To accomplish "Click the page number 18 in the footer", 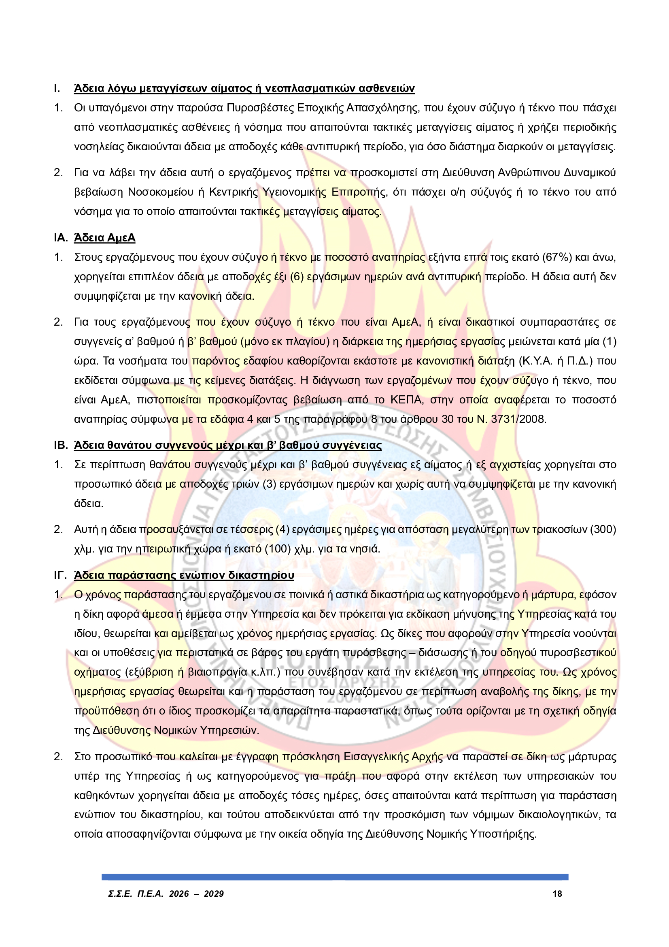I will [x=557, y=894].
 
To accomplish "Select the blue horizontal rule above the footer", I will [x=335, y=877].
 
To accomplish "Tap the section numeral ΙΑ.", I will [x=61, y=238].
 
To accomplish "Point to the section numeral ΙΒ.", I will [x=61, y=446].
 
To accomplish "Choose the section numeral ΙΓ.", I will [x=60, y=575].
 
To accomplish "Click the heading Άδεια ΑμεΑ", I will [x=105, y=238].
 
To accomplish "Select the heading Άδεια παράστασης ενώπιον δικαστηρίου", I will [x=184, y=575].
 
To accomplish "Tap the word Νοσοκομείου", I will [x=161, y=192].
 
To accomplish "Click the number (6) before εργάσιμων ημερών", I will [x=297, y=277].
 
